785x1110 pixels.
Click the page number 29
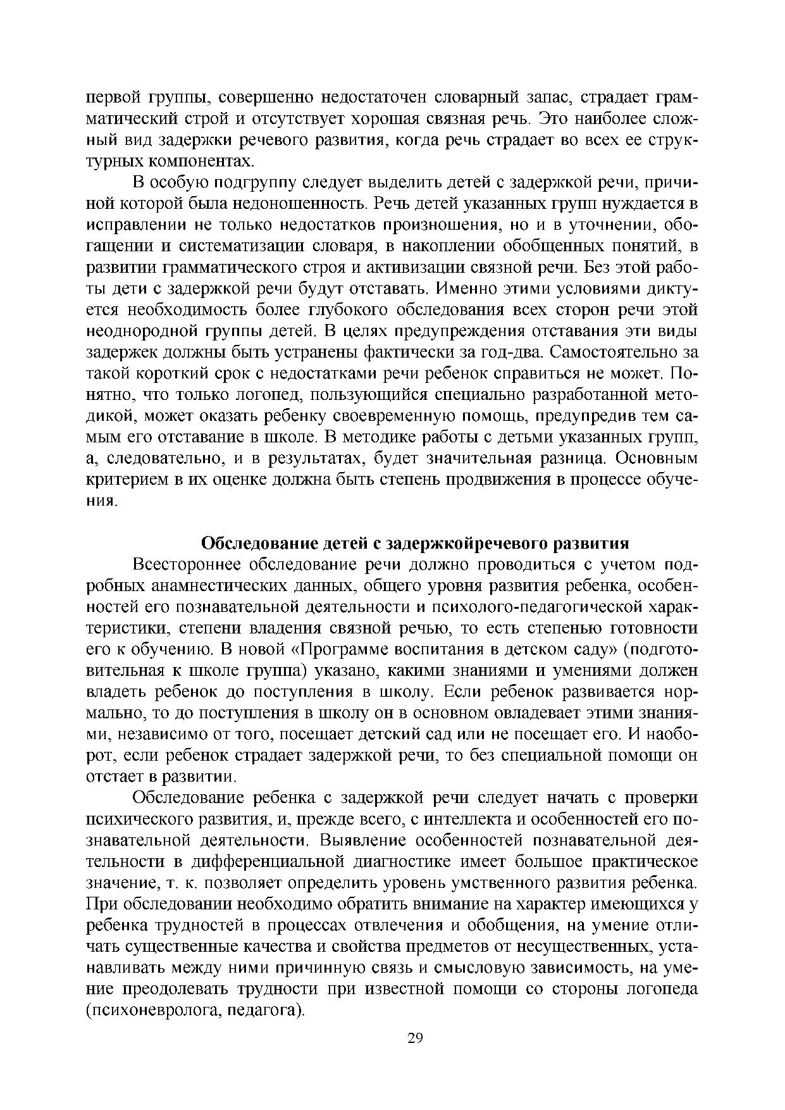414,1038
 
